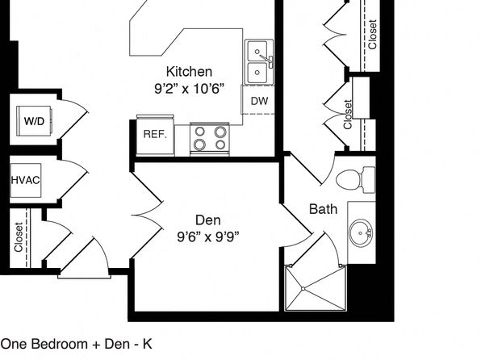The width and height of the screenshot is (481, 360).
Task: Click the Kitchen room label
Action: [189, 72]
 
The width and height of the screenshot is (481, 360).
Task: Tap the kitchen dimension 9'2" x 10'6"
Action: [188, 89]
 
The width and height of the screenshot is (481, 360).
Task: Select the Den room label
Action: [208, 220]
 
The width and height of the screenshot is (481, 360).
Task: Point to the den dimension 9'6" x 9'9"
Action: [208, 237]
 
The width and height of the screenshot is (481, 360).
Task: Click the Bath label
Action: [324, 209]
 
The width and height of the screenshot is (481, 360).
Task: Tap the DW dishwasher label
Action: [259, 101]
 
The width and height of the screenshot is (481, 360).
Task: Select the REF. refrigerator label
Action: [155, 134]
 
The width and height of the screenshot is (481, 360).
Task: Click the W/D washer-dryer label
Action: [34, 121]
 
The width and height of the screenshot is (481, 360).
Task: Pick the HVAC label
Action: [26, 180]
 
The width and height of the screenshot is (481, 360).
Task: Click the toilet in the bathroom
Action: [356, 180]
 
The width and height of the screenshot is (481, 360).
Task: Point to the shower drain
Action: [303, 289]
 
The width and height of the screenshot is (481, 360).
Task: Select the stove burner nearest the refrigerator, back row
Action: [199, 132]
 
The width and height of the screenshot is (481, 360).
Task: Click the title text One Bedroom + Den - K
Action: [77, 344]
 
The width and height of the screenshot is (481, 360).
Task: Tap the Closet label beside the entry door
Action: [19, 237]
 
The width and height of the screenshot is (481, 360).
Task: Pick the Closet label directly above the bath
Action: [348, 114]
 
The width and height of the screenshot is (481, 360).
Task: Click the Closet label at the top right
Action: [372, 35]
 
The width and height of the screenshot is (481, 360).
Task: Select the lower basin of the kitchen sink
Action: [257, 73]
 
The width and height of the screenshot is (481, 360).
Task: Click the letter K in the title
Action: [148, 344]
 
